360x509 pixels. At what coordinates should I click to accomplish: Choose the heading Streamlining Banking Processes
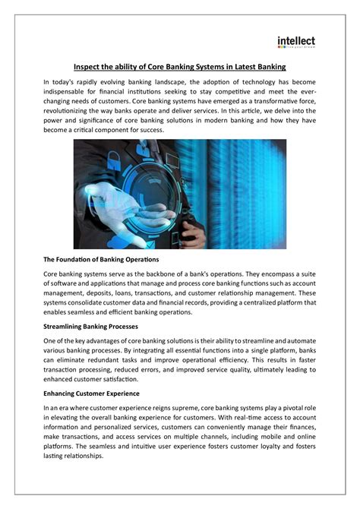pos(90,326)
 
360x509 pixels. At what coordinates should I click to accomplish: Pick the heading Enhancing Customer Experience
pos(91,394)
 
